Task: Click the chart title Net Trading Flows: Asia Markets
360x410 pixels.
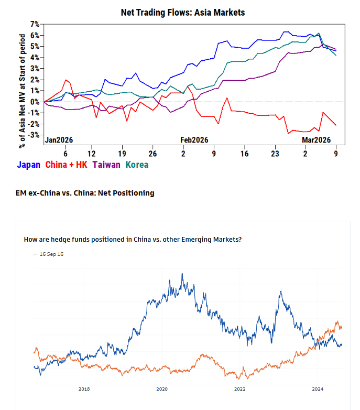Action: tap(182, 12)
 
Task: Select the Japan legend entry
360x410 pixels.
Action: tap(28, 165)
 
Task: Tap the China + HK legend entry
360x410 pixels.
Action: tap(66, 165)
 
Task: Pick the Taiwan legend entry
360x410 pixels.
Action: tap(106, 165)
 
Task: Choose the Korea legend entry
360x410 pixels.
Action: tap(137, 165)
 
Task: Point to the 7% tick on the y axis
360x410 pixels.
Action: tap(35, 24)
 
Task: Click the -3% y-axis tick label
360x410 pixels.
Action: tap(34, 135)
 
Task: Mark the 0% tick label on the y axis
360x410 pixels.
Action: tap(35, 102)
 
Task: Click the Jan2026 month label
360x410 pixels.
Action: tap(59, 140)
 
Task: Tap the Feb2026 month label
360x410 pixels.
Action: tap(194, 140)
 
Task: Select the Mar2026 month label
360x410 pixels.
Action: tap(316, 140)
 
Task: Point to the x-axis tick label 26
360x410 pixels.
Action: tap(152, 154)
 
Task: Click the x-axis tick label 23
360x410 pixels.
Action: tap(275, 154)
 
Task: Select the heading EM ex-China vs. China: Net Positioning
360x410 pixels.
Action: tap(85, 193)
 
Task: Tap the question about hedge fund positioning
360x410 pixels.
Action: tap(133, 240)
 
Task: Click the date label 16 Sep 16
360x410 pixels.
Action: tap(51, 254)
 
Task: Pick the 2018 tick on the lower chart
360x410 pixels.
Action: tap(84, 389)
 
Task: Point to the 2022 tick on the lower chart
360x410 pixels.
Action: tap(239, 389)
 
